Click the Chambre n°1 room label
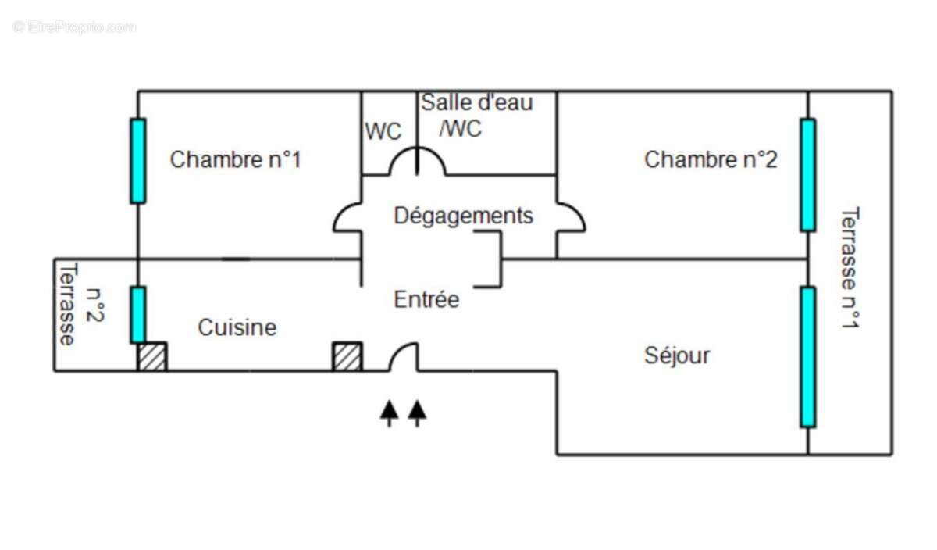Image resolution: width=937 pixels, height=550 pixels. pyautogui.click(x=236, y=160)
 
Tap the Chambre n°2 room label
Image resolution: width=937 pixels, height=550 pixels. pyautogui.click(x=711, y=160)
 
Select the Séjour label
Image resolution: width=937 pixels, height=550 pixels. pyautogui.click(x=677, y=356)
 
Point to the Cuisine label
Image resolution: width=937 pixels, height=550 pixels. pyautogui.click(x=237, y=327)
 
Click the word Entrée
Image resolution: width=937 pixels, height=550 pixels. pyautogui.click(x=426, y=300)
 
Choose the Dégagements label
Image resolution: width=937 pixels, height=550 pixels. pyautogui.click(x=464, y=216)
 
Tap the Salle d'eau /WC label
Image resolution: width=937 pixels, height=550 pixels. pyautogui.click(x=477, y=116)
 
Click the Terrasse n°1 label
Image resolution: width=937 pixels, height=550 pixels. pyautogui.click(x=850, y=267)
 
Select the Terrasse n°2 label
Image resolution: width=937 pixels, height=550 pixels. pyautogui.click(x=80, y=305)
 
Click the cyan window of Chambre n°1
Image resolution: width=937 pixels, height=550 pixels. pyautogui.click(x=138, y=161)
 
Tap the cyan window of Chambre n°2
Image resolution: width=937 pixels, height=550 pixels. pyautogui.click(x=807, y=175)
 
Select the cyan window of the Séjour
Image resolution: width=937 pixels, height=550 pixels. pyautogui.click(x=807, y=357)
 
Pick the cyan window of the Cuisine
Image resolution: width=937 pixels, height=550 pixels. pyautogui.click(x=138, y=315)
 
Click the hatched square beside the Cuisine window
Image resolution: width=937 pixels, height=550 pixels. pyautogui.click(x=152, y=356)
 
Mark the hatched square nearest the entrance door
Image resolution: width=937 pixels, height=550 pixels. pyautogui.click(x=347, y=356)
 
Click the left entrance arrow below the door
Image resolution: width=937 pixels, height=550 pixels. pyautogui.click(x=389, y=413)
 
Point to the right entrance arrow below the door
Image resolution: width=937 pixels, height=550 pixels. pyautogui.click(x=417, y=413)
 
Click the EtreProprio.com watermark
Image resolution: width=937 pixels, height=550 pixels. pyautogui.click(x=74, y=27)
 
